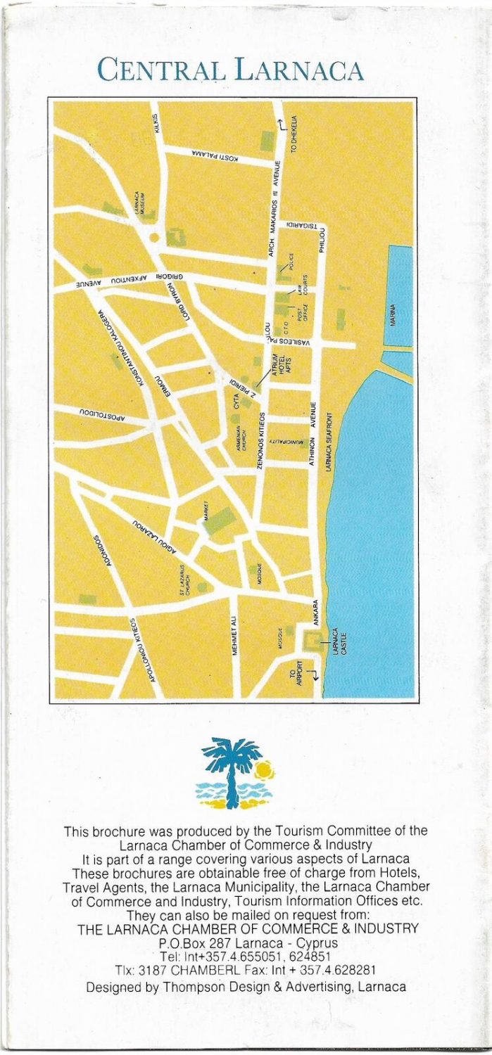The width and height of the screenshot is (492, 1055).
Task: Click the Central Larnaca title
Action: pos(230,70)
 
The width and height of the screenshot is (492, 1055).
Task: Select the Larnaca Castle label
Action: pos(339,642)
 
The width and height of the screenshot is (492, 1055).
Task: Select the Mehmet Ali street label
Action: pos(235,636)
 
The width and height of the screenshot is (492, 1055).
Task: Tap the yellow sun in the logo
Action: pos(264,769)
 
